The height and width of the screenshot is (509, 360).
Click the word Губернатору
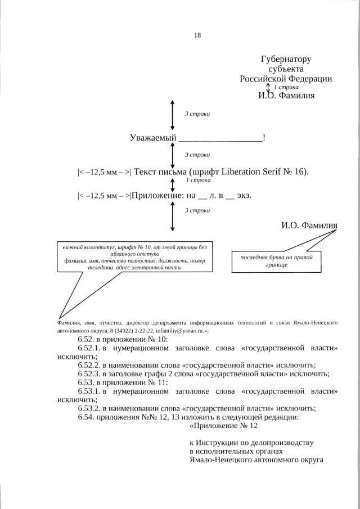[286, 59]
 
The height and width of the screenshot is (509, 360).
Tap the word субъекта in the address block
[286, 69]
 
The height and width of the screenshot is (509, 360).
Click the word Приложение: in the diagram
[155, 196]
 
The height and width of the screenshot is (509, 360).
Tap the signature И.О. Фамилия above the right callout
[309, 226]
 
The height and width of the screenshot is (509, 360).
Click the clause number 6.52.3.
[90, 374]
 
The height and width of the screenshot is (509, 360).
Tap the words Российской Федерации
[286, 79]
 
